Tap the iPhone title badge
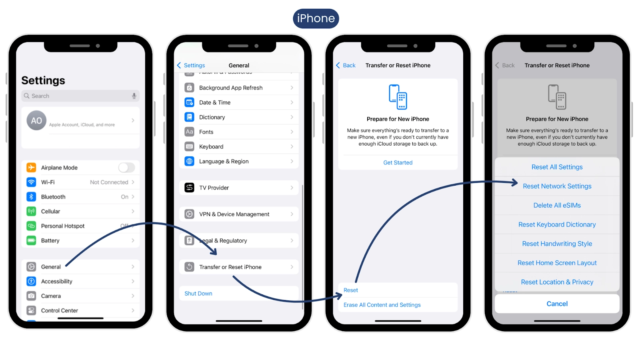[x=316, y=18]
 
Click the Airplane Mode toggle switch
[x=126, y=168]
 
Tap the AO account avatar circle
[x=36, y=120]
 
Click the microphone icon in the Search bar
[x=134, y=96]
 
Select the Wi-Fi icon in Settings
[x=31, y=182]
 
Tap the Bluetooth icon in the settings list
[x=31, y=196]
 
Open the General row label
[x=51, y=267]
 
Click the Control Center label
[x=60, y=310]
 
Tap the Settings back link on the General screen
[x=191, y=66]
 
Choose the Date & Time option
[x=215, y=102]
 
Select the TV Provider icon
[x=189, y=188]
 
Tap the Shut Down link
[x=198, y=294]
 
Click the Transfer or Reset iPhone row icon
[x=189, y=267]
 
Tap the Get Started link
[x=398, y=162]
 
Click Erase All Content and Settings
[x=382, y=305]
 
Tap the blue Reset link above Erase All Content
[x=350, y=290]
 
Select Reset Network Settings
[x=557, y=186]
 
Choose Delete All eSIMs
[x=557, y=206]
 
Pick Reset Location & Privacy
[x=557, y=282]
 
